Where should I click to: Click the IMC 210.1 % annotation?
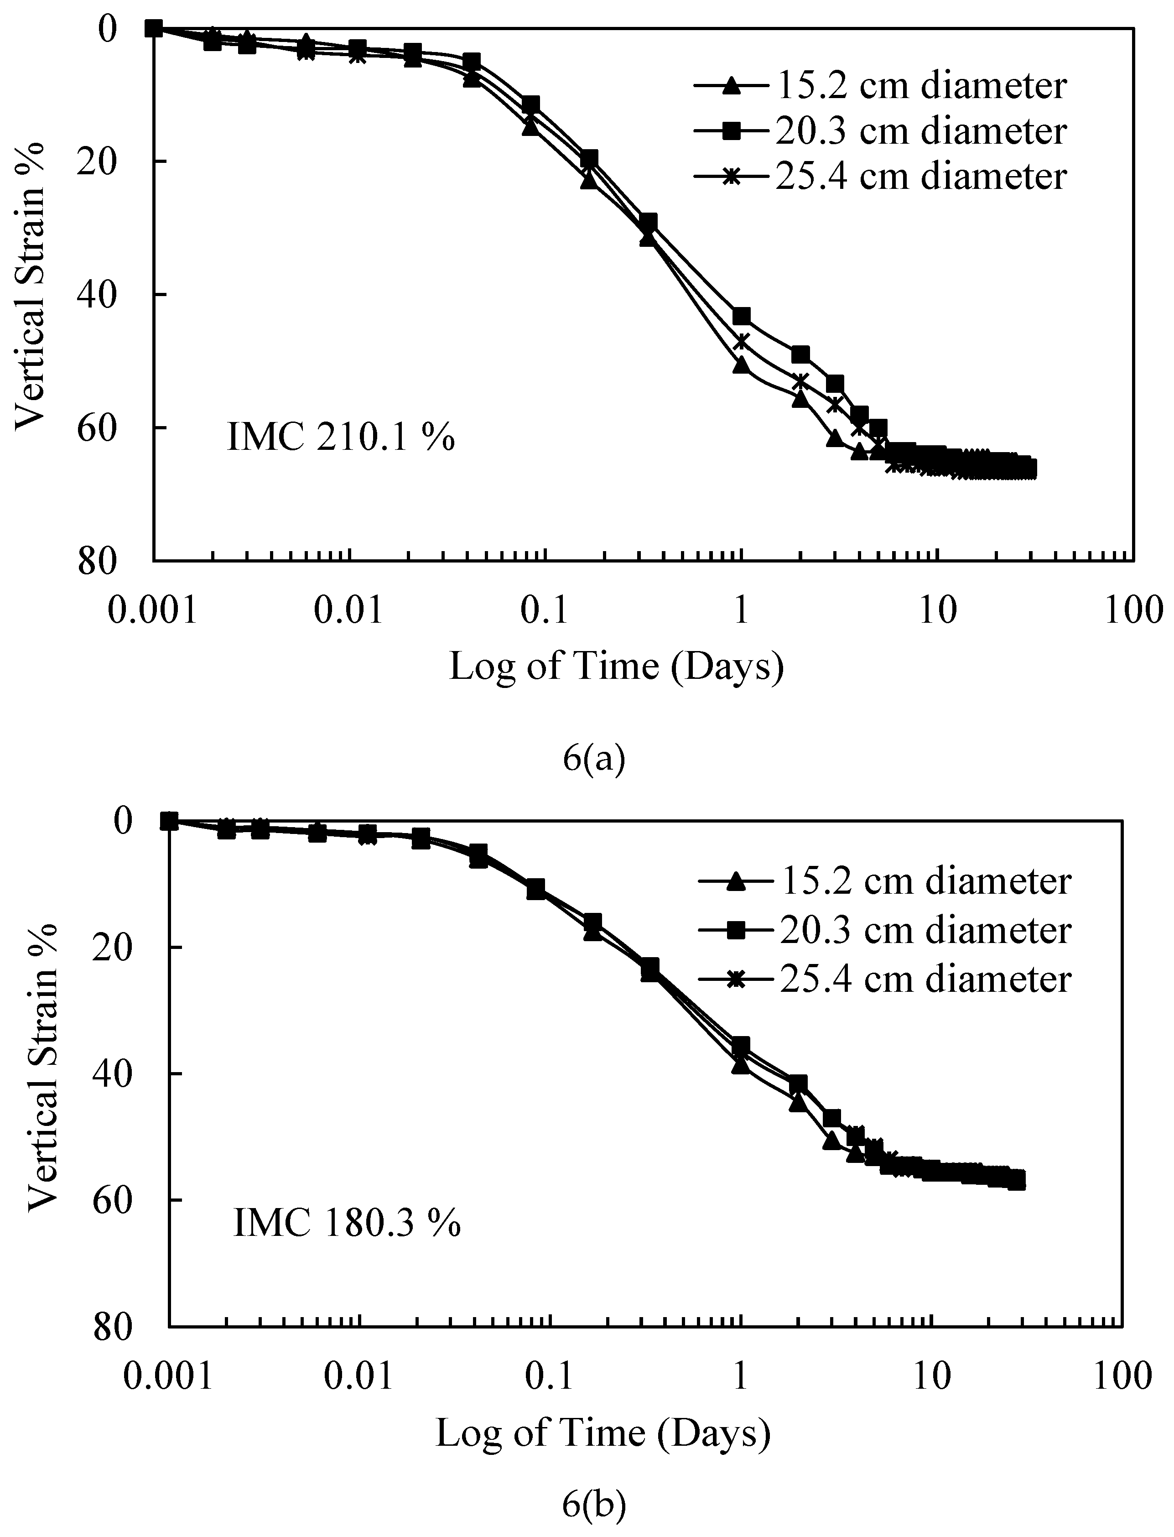point(341,439)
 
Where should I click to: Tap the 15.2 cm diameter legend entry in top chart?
point(880,85)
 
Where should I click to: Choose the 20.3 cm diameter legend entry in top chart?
point(880,130)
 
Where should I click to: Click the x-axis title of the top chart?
point(616,666)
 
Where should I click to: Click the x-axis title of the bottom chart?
point(603,1433)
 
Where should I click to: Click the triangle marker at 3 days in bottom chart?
point(831,1141)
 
